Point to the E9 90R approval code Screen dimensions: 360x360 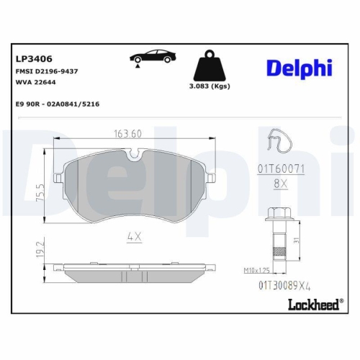58,104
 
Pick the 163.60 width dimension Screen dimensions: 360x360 127,132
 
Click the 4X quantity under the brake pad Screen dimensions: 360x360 132,235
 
